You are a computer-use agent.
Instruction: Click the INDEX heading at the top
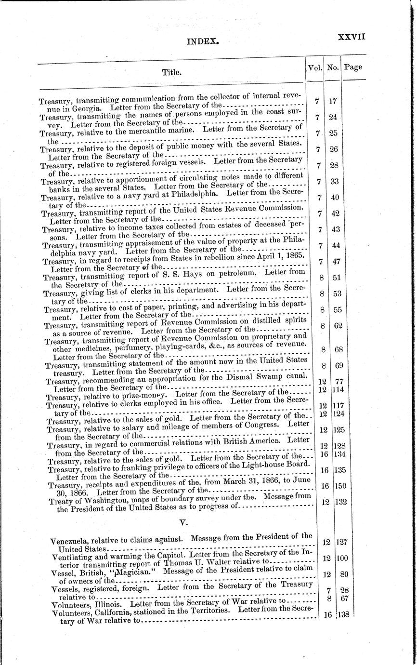pyautogui.click(x=203, y=42)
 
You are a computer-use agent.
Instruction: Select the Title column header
pyautogui.click(x=171, y=73)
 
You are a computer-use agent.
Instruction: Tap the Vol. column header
pyautogui.click(x=315, y=68)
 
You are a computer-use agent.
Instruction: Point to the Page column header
pyautogui.click(x=353, y=67)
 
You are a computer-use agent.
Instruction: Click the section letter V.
pyautogui.click(x=182, y=521)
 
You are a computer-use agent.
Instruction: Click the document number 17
pyautogui.click(x=332, y=101)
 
